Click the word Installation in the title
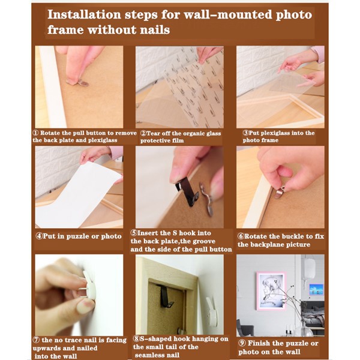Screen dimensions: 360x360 84,14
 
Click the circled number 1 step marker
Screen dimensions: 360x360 35,133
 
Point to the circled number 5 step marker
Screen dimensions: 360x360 134,233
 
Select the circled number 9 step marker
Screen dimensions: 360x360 242,343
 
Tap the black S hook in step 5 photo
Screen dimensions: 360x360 187,191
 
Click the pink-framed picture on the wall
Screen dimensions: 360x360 271,291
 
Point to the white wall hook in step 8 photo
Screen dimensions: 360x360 212,311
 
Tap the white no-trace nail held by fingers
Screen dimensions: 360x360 88,286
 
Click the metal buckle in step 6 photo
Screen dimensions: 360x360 279,192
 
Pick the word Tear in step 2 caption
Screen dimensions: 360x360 152,133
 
